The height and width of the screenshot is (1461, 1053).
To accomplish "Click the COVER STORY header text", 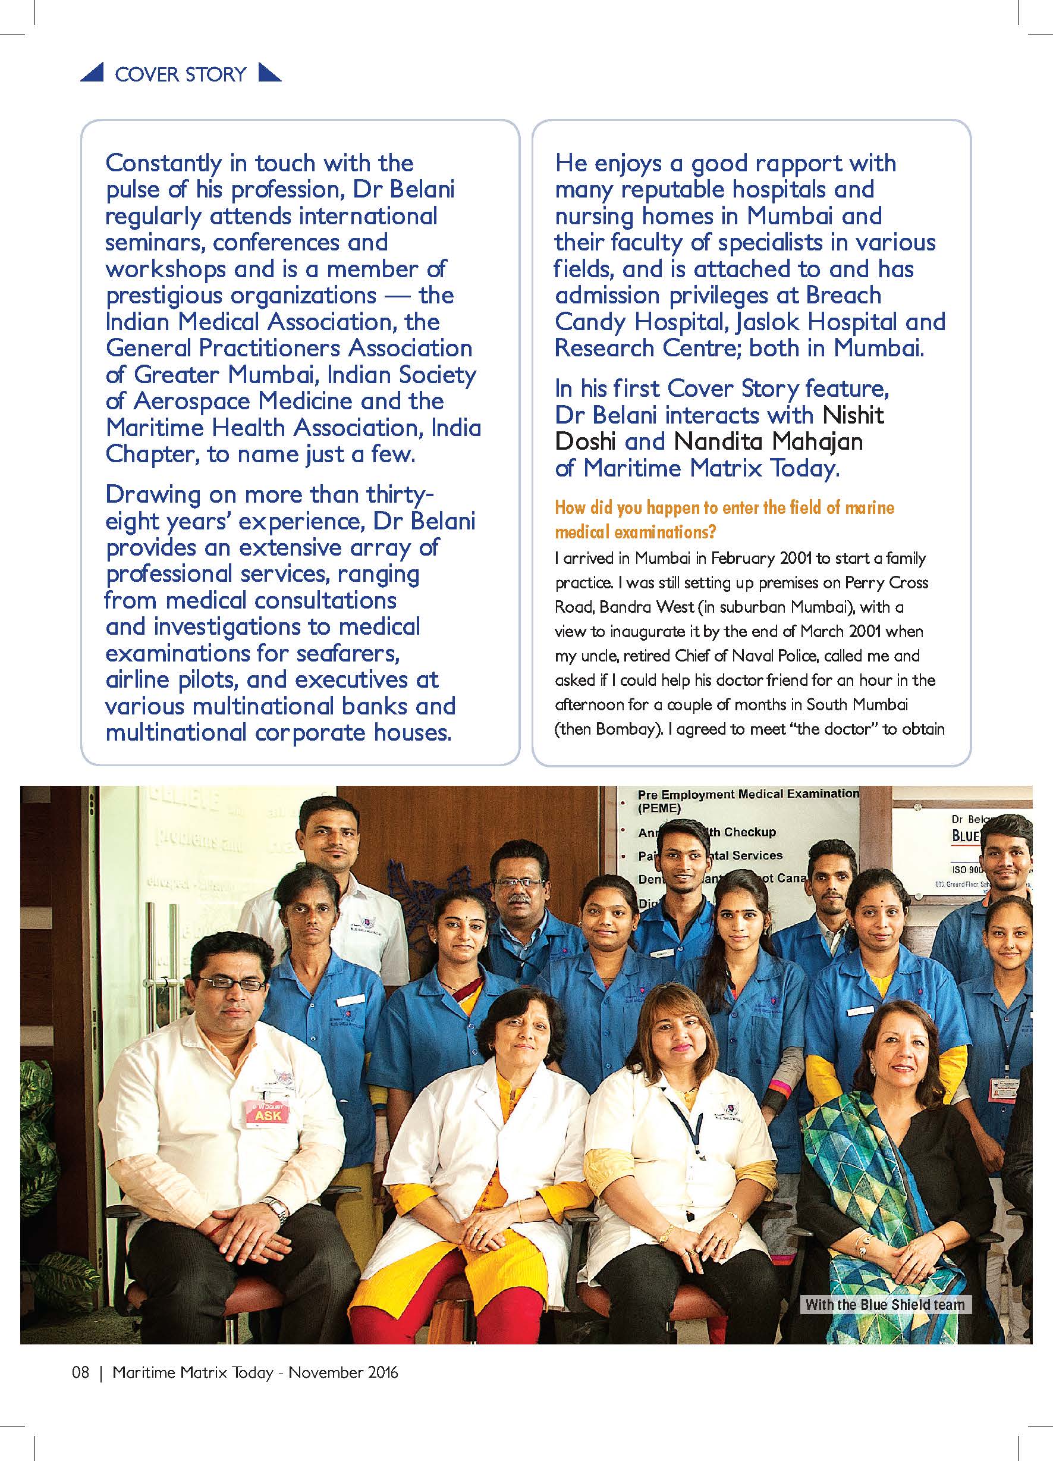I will point(180,74).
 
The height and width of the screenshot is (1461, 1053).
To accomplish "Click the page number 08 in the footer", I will point(80,1372).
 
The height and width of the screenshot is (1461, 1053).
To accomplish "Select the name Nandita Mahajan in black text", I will point(768,441).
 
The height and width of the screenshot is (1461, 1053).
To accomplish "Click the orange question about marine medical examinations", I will point(725,519).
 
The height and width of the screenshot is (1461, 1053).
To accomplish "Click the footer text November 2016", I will point(343,1372).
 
